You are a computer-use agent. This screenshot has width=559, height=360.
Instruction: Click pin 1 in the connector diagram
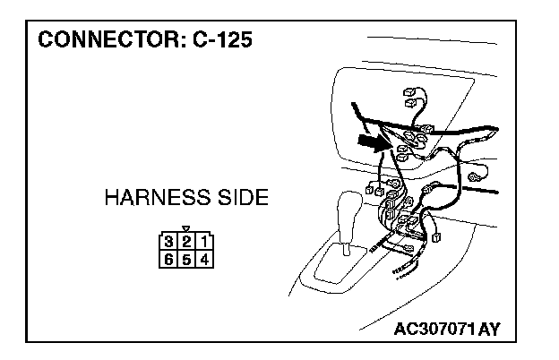(204, 241)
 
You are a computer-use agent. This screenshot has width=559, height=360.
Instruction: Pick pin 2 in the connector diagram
(185, 241)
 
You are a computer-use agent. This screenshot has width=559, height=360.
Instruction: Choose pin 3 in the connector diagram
(168, 241)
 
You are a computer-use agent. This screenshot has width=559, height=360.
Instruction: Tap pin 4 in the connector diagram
(204, 259)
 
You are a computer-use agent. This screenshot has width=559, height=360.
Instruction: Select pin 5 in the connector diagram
(185, 259)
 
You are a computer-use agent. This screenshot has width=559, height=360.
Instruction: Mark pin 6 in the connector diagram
(168, 259)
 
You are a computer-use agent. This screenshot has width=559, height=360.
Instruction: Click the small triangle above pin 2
(185, 229)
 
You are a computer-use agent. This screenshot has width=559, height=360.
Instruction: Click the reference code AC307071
(434, 330)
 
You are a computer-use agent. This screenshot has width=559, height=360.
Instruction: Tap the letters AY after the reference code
(489, 330)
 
